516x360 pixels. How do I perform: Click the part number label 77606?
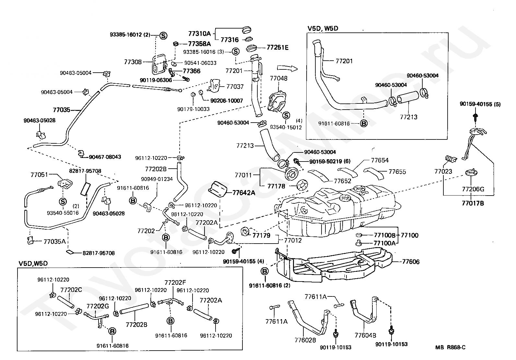[411, 262]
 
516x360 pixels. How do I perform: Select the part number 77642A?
[243, 193]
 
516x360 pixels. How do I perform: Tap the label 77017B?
[473, 203]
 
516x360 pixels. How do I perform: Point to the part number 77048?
[279, 78]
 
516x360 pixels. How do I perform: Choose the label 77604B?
[365, 335]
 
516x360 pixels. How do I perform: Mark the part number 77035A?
[54, 241]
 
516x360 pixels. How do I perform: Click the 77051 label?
[39, 174]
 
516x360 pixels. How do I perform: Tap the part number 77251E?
[277, 47]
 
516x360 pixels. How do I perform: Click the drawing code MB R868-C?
[451, 347]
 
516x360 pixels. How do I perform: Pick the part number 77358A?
[199, 44]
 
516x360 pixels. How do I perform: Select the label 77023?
[443, 171]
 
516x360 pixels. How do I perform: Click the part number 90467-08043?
[105, 157]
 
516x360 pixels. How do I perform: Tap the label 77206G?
[473, 189]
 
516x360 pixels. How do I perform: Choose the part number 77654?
[380, 160]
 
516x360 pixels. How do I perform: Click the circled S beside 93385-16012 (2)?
[163, 35]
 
